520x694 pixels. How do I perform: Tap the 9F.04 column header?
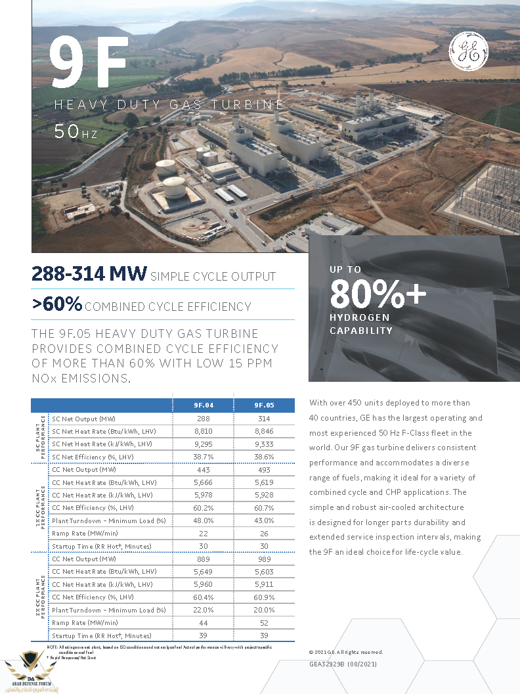(x=203, y=405)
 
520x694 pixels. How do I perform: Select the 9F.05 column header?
(x=264, y=405)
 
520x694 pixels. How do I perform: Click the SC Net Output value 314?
(x=264, y=419)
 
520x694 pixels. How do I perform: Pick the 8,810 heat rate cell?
(x=203, y=431)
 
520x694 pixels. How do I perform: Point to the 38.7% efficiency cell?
(x=203, y=457)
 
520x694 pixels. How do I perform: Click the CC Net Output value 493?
(x=264, y=469)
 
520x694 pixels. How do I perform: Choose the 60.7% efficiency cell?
(x=264, y=507)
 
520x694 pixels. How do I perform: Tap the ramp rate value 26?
(x=264, y=533)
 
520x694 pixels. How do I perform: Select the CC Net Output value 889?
(x=203, y=559)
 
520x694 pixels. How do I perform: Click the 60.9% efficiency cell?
(x=264, y=597)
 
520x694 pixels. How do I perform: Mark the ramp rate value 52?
(x=264, y=622)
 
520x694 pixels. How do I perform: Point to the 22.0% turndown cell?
(x=203, y=610)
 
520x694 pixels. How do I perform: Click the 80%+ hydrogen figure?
(x=378, y=294)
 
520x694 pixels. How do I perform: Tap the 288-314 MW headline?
(x=89, y=275)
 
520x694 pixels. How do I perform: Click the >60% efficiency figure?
(x=57, y=304)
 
